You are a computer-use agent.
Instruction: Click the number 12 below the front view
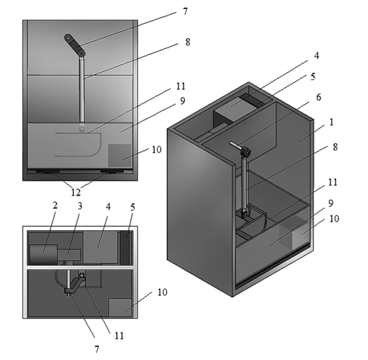coord(76,193)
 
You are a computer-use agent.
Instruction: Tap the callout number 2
coord(55,205)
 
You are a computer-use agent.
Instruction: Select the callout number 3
coord(80,206)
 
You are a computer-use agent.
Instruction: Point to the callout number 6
coord(319,97)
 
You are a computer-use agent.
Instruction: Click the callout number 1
coord(331,122)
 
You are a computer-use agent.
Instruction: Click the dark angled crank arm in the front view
coord(75,45)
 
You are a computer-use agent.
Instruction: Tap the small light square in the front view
coord(120,155)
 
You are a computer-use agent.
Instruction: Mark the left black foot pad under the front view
coord(48,171)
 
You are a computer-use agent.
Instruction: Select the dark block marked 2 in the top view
coord(44,255)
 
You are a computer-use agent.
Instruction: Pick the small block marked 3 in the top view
coord(69,255)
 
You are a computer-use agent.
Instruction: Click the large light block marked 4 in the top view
coord(101,247)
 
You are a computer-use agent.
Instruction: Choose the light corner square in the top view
coord(120,307)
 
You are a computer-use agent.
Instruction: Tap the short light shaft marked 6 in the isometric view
coord(235,145)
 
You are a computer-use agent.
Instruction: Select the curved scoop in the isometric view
coord(252,220)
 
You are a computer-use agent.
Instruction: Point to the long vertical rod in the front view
coord(81,90)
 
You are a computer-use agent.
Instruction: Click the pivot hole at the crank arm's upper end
coord(68,38)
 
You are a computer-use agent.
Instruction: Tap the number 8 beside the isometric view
coord(335,147)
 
